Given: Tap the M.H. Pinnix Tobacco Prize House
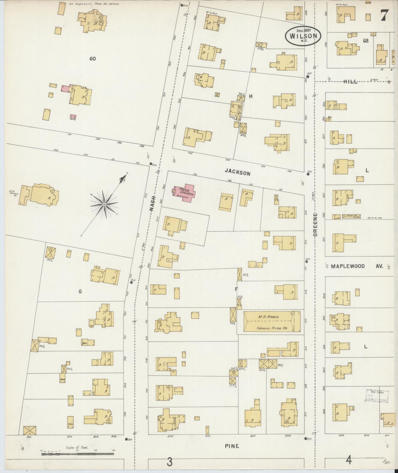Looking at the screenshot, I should click(269, 321).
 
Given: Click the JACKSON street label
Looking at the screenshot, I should click(237, 173).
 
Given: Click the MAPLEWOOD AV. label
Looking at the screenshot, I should click(357, 267).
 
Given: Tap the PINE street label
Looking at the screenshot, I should click(231, 446).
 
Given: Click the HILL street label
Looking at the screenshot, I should click(350, 82).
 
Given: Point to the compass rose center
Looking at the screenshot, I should click(104, 204).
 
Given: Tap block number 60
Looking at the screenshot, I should click(93, 59).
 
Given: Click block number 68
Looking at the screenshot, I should click(366, 41).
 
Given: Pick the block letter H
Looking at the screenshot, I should click(251, 96).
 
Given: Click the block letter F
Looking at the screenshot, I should click(236, 289).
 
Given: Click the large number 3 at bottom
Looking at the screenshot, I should click(170, 462).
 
